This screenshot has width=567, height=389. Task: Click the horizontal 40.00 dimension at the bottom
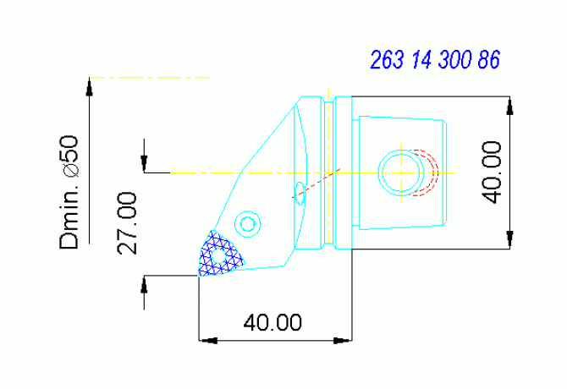[x=272, y=322]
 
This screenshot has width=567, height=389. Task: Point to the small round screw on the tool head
[x=247, y=224]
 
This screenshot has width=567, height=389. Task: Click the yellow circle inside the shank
[x=400, y=173]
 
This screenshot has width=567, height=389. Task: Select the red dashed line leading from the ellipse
[x=320, y=182]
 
